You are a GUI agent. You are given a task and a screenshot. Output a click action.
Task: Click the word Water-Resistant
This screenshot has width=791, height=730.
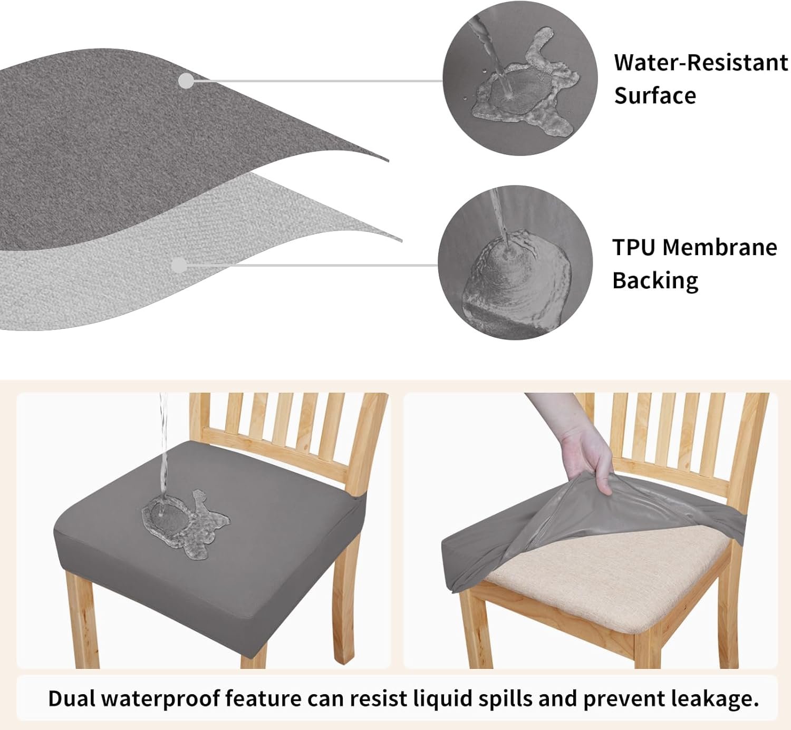pos(701,63)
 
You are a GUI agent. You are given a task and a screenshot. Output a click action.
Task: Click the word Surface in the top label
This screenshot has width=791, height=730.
pos(655,95)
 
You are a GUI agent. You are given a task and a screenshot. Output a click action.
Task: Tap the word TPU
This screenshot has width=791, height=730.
pos(634,247)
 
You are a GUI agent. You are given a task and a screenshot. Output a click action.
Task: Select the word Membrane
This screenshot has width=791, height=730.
pos(720,247)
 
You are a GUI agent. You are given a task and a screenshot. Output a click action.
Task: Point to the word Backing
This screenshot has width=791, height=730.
pos(655,281)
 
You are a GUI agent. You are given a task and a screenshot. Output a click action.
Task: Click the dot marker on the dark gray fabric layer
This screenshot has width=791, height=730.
pos(186,81)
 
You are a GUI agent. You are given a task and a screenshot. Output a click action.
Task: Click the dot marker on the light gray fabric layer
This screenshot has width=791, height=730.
pos(179,265)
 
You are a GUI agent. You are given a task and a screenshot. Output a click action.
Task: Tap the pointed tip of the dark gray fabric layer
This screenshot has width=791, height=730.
pos(388,161)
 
